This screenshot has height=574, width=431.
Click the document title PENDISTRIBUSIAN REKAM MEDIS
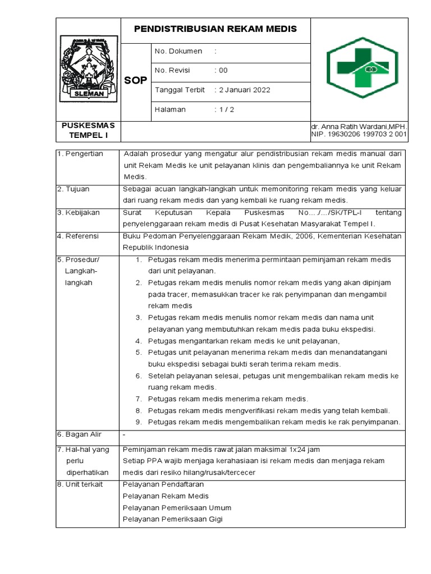pyautogui.click(x=215, y=29)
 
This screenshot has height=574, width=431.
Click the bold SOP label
pyautogui.click(x=135, y=80)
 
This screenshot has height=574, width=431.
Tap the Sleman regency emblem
pyautogui.click(x=89, y=68)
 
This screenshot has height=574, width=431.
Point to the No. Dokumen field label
pyautogui.click(x=178, y=51)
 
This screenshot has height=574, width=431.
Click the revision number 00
pyautogui.click(x=223, y=70)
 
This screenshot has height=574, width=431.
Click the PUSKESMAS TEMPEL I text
pyautogui.click(x=88, y=131)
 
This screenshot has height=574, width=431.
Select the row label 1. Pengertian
pyautogui.click(x=80, y=154)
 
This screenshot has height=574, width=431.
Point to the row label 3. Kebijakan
pyautogui.click(x=79, y=213)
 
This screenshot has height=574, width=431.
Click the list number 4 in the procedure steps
pyautogui.click(x=138, y=341)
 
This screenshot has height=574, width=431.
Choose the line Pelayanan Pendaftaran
pyautogui.click(x=163, y=484)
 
